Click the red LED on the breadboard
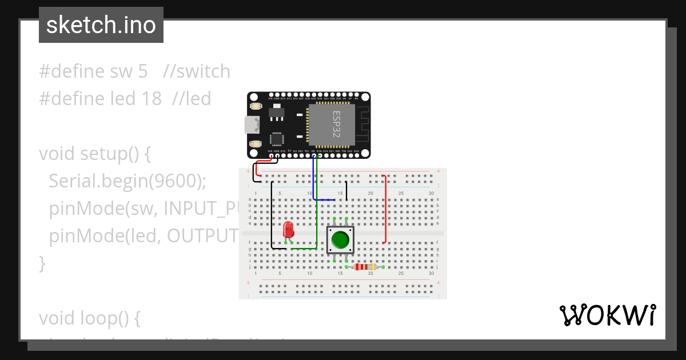click(289, 230)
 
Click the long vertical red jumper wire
click(386, 209)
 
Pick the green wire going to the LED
click(317, 223)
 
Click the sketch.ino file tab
click(101, 25)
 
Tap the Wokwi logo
click(607, 315)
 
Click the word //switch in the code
click(196, 71)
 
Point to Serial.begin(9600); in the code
click(127, 181)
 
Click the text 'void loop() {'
click(89, 318)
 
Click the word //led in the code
click(191, 99)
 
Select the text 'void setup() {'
click(94, 154)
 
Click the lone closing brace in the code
click(42, 263)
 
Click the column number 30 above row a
click(431, 193)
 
